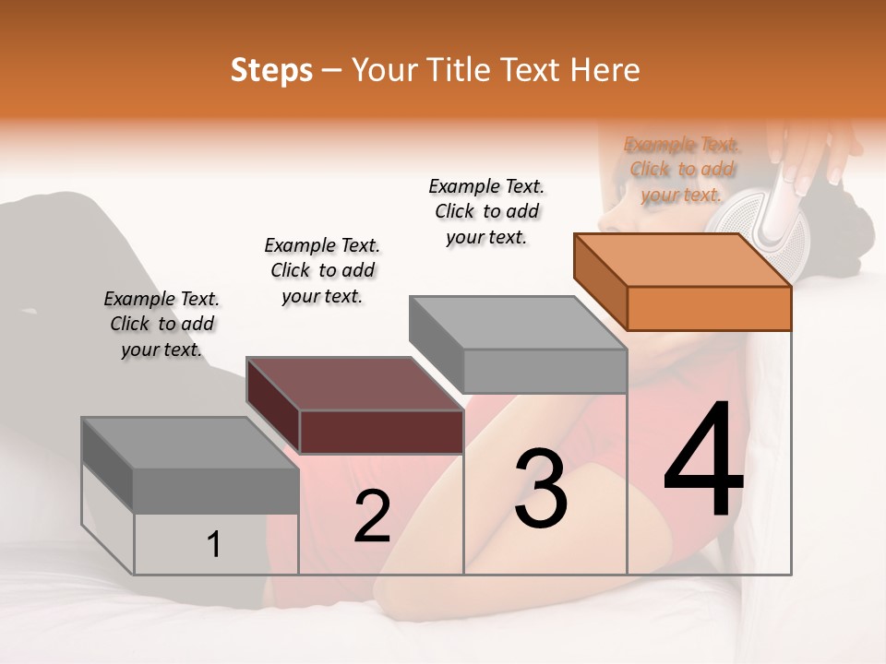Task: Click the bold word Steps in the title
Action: tap(271, 70)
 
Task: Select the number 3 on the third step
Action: tap(541, 489)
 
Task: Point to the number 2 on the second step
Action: tap(372, 516)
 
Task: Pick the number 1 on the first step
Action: tap(213, 545)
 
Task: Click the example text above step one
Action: tap(162, 324)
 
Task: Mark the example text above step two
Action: tap(322, 270)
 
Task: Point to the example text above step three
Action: tap(486, 211)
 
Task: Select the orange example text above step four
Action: tap(682, 169)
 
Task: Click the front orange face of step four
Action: tap(709, 308)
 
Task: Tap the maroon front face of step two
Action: tap(381, 432)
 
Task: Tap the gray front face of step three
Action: tap(545, 371)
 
